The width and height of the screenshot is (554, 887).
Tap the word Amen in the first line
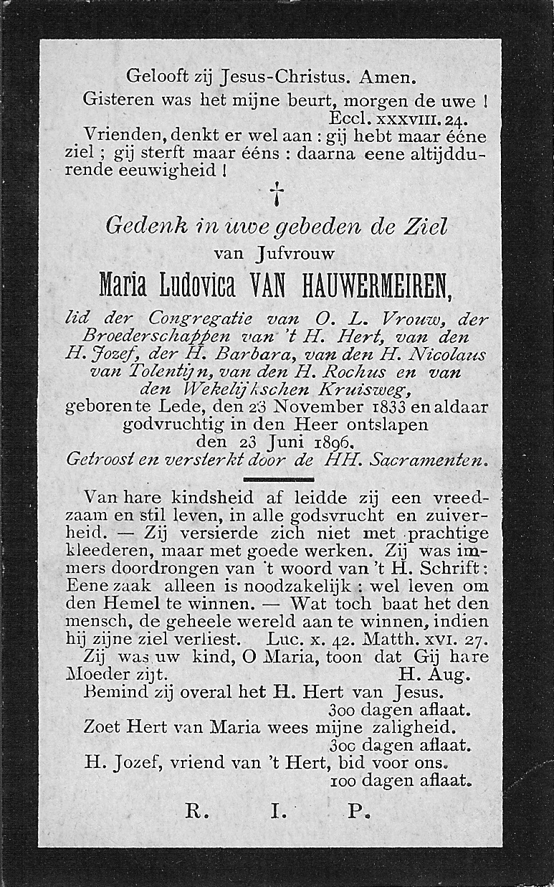pyautogui.click(x=388, y=75)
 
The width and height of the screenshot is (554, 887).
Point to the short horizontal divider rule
pyautogui.click(x=278, y=479)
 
